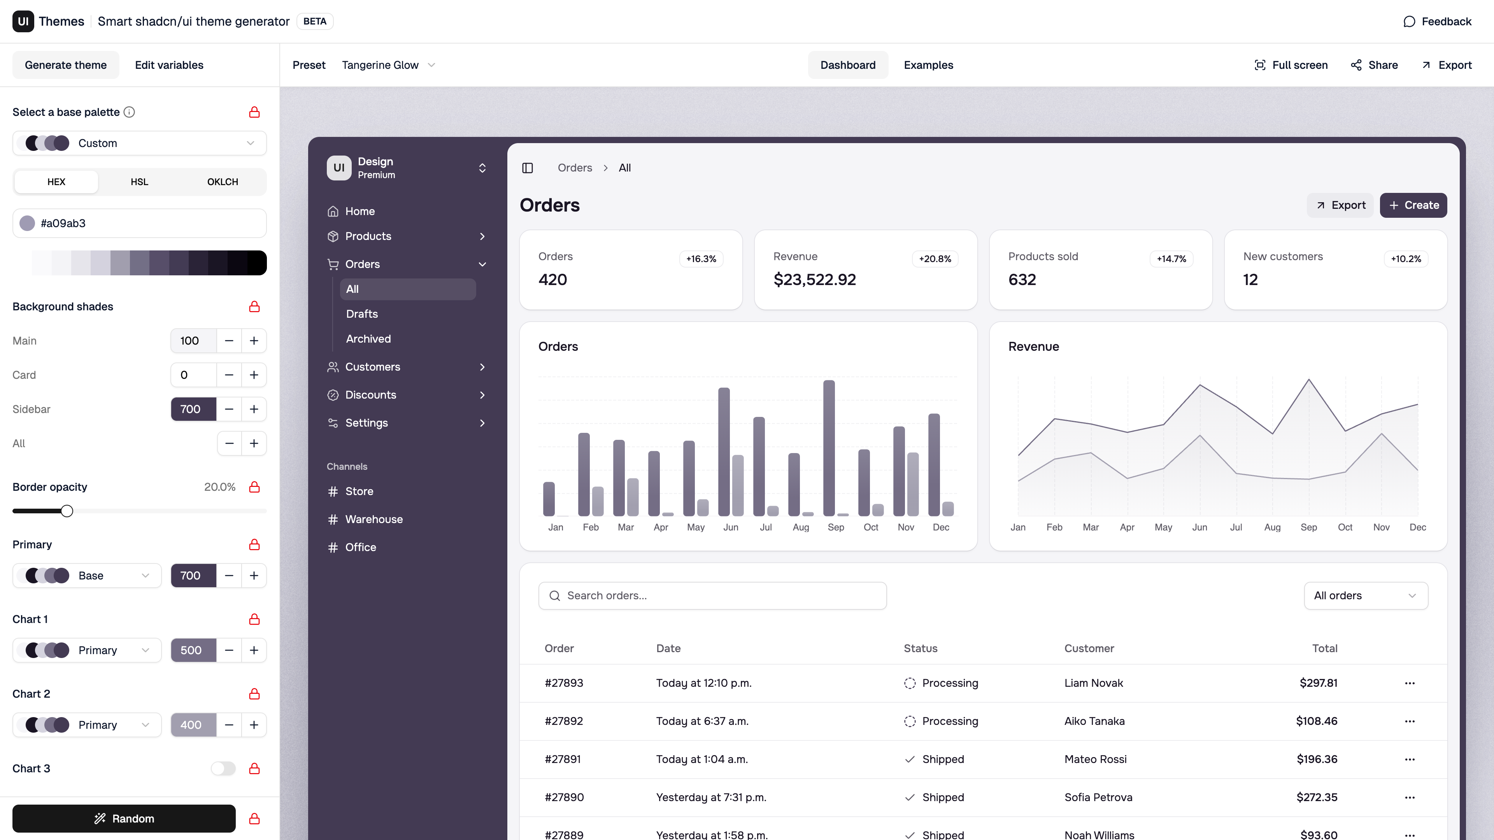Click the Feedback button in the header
coord(1437,21)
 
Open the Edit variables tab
coord(169,65)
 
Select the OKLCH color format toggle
coord(222,182)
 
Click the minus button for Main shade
coord(229,341)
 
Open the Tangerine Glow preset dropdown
coord(388,65)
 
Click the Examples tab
coord(928,65)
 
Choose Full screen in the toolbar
coord(1291,65)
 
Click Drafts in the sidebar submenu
coord(362,313)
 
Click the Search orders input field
coord(712,595)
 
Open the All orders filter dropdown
coord(1365,595)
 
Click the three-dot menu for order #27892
coord(1409,721)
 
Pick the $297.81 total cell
coord(1318,683)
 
